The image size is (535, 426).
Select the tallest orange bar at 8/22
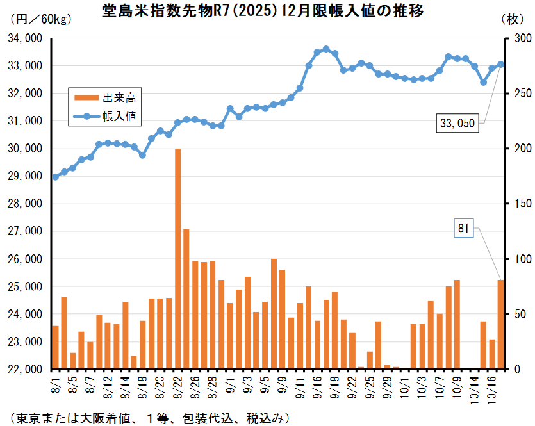click(x=177, y=259)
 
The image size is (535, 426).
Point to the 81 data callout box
click(x=464, y=227)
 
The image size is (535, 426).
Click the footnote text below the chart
click(x=147, y=418)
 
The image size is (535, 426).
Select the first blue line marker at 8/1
click(x=55, y=177)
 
